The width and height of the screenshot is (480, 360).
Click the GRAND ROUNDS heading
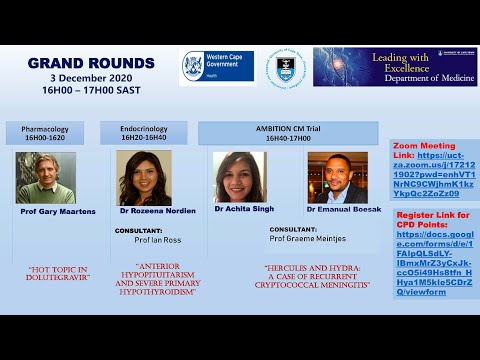click(x=91, y=63)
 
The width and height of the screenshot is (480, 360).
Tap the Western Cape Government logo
click(x=218, y=67)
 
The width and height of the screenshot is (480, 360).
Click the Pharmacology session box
click(x=52, y=134)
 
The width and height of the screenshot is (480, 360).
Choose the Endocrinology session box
click(x=144, y=134)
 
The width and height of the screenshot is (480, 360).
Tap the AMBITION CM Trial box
click(x=288, y=134)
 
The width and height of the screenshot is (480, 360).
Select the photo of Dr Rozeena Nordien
click(x=144, y=178)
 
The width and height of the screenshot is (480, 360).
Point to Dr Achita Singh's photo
click(x=240, y=178)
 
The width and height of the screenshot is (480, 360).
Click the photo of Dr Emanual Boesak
click(x=337, y=178)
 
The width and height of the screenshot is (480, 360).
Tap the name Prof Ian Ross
click(x=156, y=241)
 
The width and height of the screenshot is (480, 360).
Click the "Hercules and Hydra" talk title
click(x=316, y=274)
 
